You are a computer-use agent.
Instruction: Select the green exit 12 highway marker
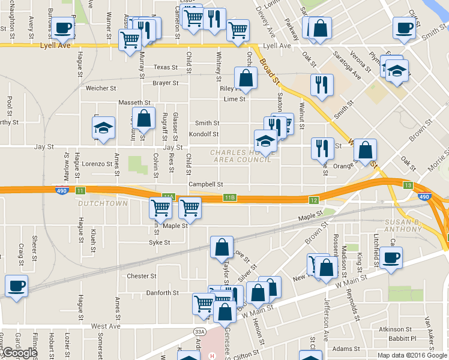pos(313,200)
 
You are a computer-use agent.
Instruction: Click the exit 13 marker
pos(408,186)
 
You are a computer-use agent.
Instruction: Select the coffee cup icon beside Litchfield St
pos(391,258)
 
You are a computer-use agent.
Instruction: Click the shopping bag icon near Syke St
pos(221,247)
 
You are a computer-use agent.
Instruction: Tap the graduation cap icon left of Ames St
pos(103,128)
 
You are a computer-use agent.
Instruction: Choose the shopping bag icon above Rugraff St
pos(144,118)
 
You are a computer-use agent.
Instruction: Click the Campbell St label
pos(206,185)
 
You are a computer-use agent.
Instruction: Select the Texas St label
pos(166,68)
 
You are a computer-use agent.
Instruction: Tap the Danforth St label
pos(163,293)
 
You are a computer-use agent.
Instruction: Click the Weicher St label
pos(101,88)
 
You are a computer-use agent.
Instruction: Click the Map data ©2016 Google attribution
pos(411,355)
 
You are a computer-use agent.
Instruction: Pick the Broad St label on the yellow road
pos(269,71)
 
